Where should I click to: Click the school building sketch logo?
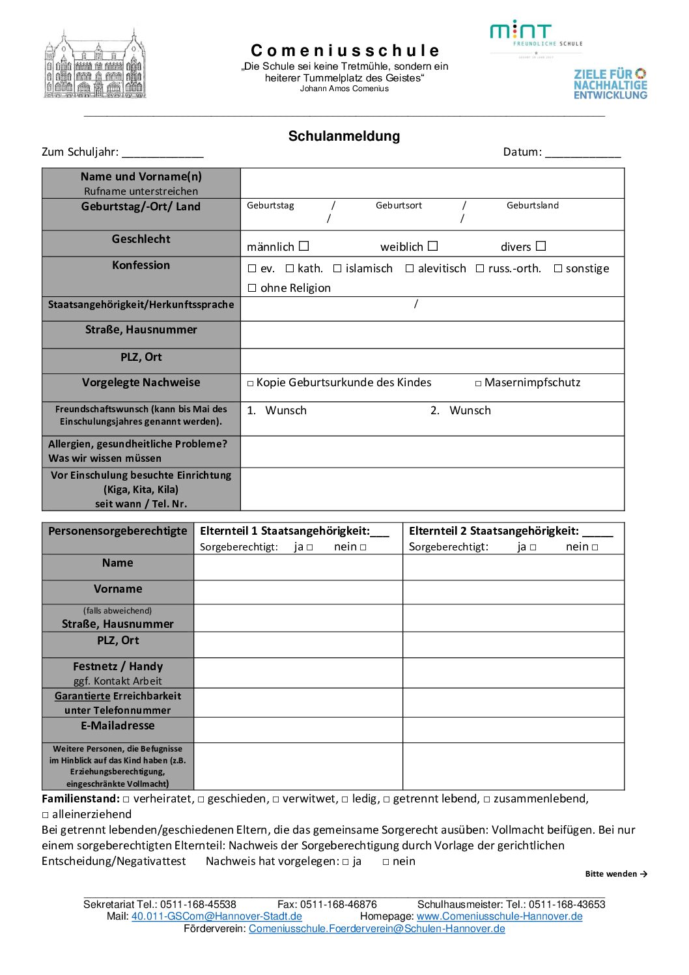point(95,64)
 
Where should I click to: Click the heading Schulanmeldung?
point(344,136)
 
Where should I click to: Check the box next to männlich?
point(304,246)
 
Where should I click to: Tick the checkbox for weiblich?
point(433,246)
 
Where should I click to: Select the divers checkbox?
point(541,246)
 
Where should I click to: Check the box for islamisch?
point(337,268)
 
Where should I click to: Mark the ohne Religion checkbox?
point(252,288)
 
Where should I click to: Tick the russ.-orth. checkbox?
point(480,268)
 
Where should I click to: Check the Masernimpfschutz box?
point(479,384)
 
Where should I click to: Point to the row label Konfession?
point(141,265)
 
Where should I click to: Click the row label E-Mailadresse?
point(118,726)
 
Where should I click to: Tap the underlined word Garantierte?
point(83,696)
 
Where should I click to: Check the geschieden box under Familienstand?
point(201,800)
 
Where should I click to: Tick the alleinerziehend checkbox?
point(46,815)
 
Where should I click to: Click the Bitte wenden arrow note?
point(616,874)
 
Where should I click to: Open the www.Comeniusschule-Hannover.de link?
point(499,916)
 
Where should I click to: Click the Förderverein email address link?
point(377,929)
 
